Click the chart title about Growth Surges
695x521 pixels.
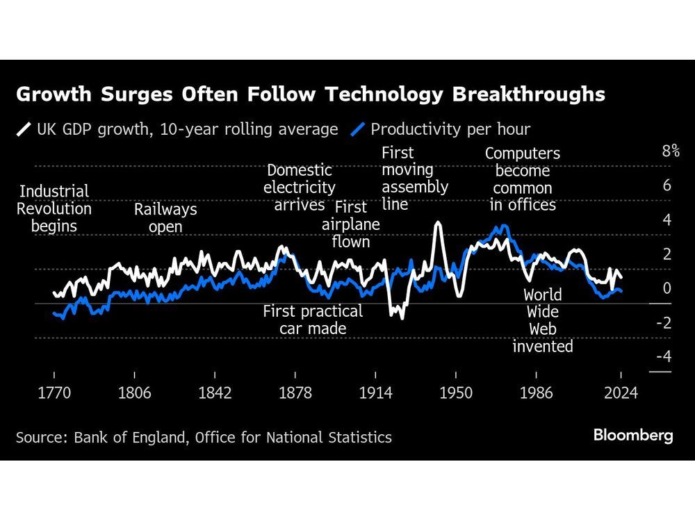click(x=310, y=94)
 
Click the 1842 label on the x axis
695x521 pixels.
click(x=215, y=393)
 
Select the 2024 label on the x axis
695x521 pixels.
click(x=621, y=393)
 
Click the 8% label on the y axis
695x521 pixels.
click(x=670, y=152)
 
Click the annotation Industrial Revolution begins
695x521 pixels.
click(x=54, y=208)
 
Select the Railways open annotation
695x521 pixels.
click(x=165, y=218)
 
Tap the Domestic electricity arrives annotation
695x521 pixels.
click(x=300, y=188)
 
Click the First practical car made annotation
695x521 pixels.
click(x=313, y=320)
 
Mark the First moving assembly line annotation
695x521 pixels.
click(x=414, y=179)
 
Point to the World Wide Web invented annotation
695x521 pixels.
click(x=543, y=320)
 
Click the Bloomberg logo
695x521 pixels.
click(x=632, y=436)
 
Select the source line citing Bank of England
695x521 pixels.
click(x=204, y=437)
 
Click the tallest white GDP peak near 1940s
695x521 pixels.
click(x=437, y=224)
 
